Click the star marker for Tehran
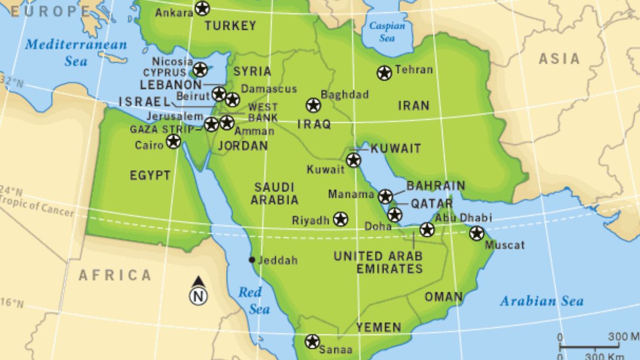(384, 73)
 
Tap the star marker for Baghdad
(314, 105)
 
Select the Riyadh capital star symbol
(340, 219)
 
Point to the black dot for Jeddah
(252, 260)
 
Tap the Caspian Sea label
(387, 32)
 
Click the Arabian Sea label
(541, 301)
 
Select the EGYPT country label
(150, 175)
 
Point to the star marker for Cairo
(173, 141)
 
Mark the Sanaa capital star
(312, 341)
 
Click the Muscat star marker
(476, 233)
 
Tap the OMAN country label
(443, 297)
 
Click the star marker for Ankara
(202, 9)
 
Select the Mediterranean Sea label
(76, 52)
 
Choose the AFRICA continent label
(115, 275)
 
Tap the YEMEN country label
(379, 327)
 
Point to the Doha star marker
(394, 215)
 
